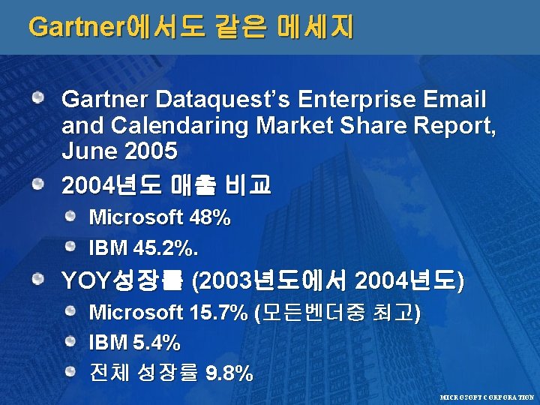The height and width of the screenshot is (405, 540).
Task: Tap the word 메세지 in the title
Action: click(x=315, y=27)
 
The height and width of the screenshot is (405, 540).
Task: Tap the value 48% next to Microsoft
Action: click(x=211, y=218)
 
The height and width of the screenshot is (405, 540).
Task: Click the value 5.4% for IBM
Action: click(x=156, y=343)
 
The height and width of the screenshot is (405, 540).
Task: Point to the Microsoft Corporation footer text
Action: click(x=487, y=395)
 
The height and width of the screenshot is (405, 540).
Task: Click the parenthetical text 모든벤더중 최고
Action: click(x=338, y=312)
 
